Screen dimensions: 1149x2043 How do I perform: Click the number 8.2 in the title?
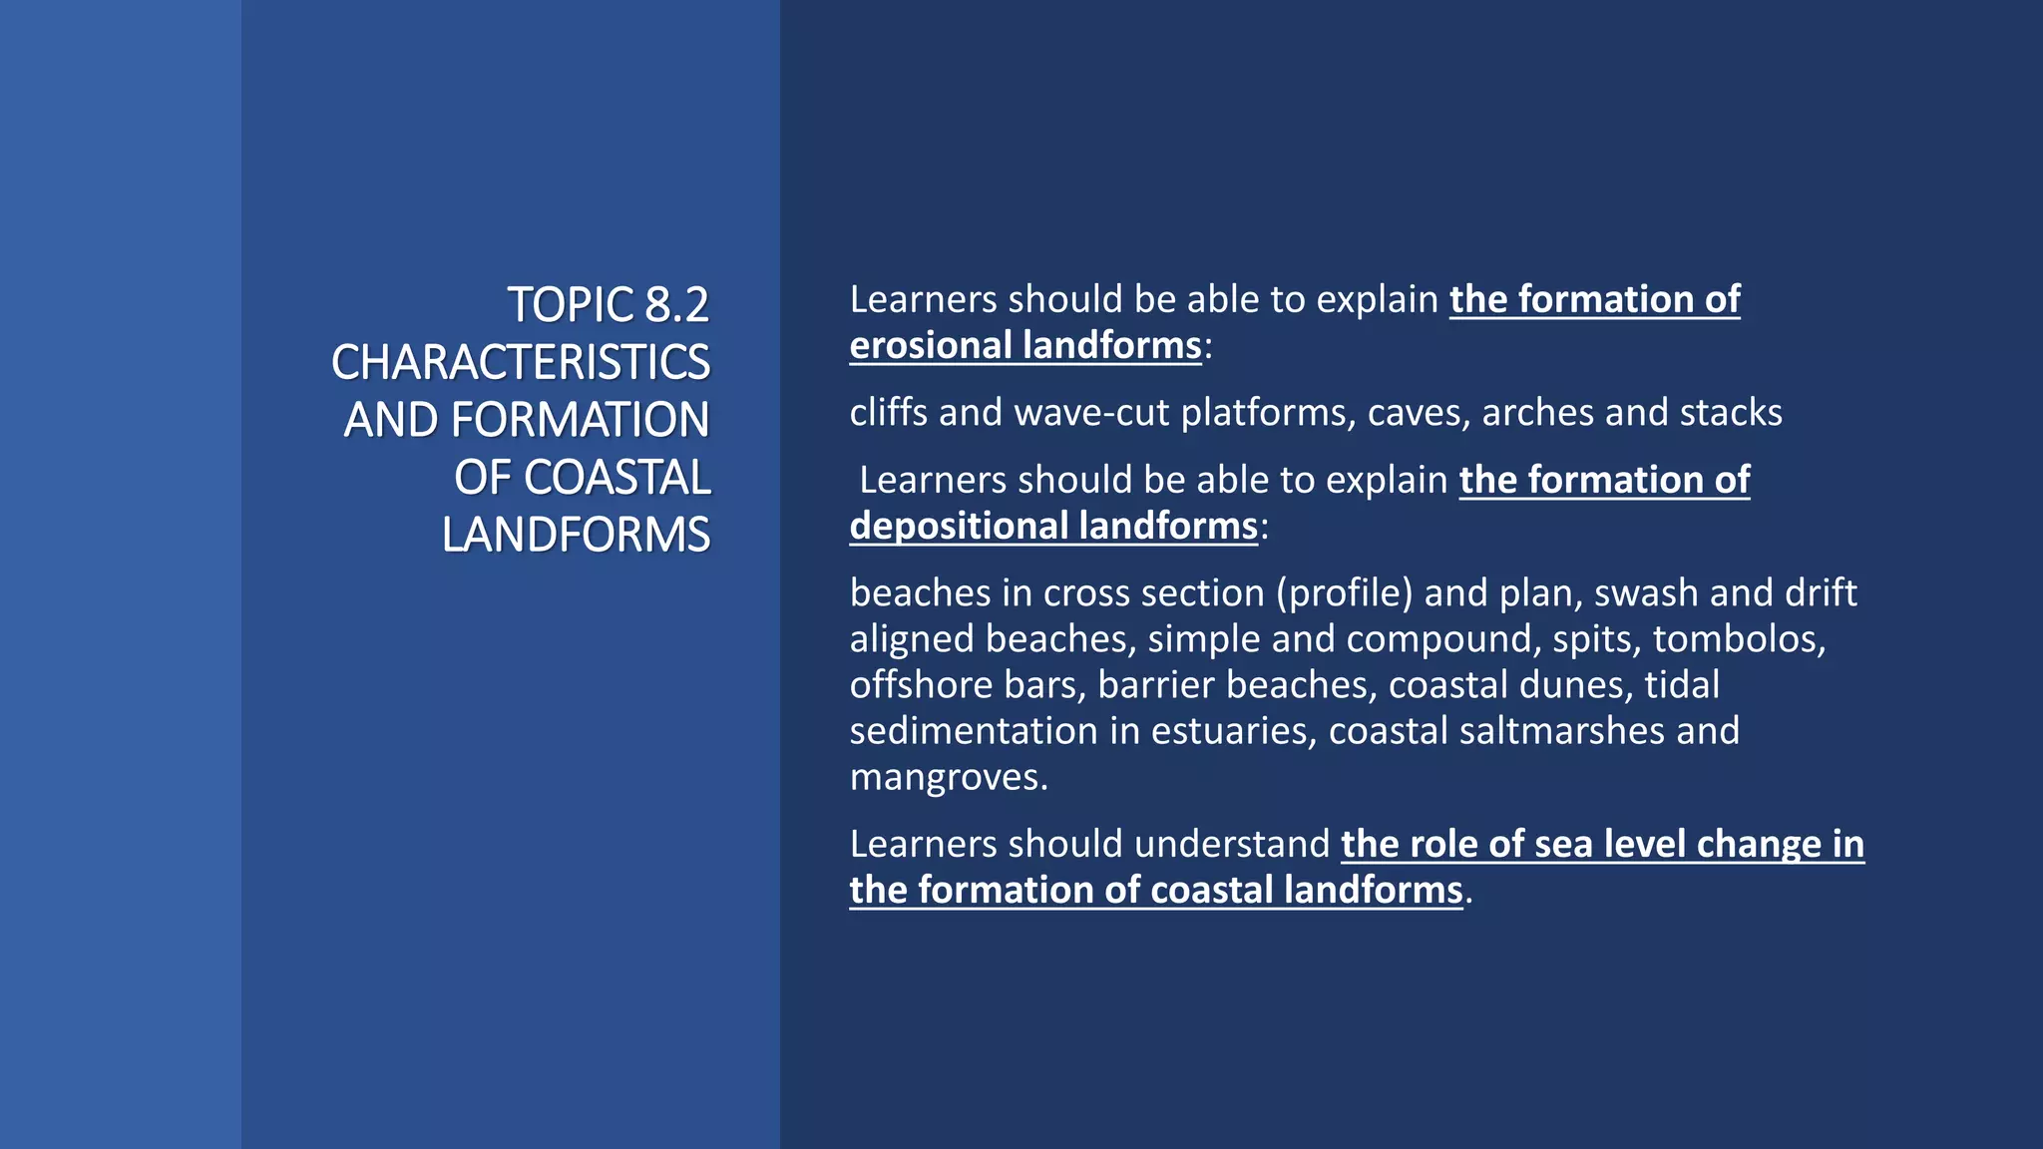[x=676, y=305]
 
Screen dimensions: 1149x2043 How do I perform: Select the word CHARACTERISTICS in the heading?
[x=521, y=362]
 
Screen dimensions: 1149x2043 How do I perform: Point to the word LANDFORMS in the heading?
[x=577, y=535]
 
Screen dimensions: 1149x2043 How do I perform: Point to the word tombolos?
[x=1739, y=639]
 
